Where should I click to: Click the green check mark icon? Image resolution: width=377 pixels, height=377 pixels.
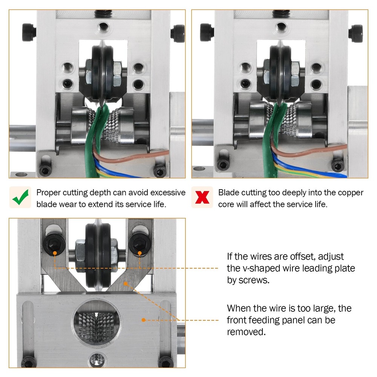click(x=21, y=197)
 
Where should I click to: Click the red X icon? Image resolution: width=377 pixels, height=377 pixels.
click(x=202, y=198)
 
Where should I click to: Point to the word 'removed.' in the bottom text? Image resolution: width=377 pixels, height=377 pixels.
click(x=246, y=332)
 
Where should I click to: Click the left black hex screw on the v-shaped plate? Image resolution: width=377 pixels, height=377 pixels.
click(x=54, y=244)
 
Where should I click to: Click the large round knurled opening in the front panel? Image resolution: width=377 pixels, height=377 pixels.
click(x=97, y=323)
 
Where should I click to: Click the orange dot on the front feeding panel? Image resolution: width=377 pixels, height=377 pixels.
click(x=143, y=320)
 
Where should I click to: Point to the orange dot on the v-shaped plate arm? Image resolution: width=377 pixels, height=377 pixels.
click(x=126, y=284)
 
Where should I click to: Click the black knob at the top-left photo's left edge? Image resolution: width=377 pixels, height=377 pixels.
click(x=29, y=32)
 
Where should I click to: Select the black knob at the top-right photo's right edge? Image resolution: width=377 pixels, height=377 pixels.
click(x=356, y=34)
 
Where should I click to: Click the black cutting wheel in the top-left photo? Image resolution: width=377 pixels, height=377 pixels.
click(x=103, y=72)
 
